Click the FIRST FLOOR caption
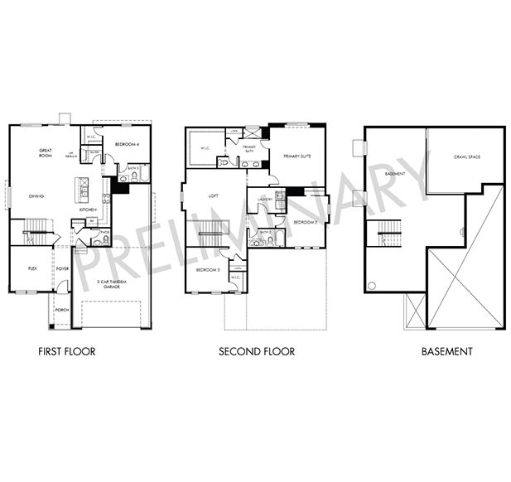pos(67,351)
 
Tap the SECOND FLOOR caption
pos(257,351)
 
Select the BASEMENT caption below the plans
pos(446,351)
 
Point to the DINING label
pos(36,196)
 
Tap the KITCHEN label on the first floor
pos(89,210)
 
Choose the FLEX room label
pos(32,268)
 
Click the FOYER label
pos(62,269)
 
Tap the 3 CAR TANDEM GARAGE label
pos(110,284)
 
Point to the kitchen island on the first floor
pos(83,189)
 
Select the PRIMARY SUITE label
pos(298,155)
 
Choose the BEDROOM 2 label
pos(304,223)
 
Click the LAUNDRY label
pos(266,199)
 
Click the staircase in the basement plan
pos(390,234)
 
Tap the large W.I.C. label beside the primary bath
pos(205,148)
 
